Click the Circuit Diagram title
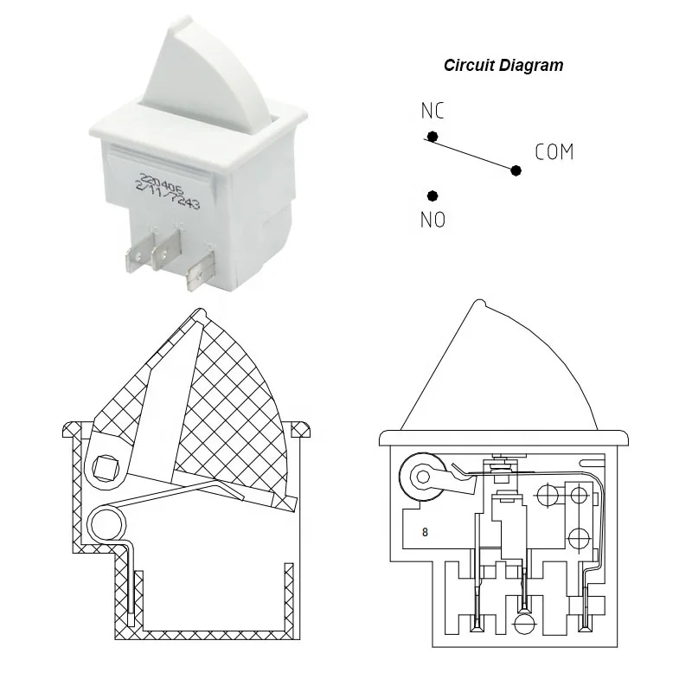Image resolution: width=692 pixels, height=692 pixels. click(x=503, y=65)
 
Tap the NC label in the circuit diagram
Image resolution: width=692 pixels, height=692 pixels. click(x=432, y=112)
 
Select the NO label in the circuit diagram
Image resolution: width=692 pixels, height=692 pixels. click(x=432, y=221)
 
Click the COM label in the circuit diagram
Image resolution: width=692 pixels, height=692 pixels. click(x=554, y=153)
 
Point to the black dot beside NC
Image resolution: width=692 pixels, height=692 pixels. click(x=432, y=136)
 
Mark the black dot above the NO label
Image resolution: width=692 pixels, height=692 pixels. click(x=432, y=196)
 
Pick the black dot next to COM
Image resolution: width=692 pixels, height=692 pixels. click(x=516, y=170)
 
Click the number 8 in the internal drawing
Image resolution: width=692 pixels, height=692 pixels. click(x=425, y=532)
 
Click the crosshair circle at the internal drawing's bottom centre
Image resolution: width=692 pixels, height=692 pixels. click(x=522, y=624)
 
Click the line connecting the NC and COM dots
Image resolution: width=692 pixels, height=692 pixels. click(x=474, y=153)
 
